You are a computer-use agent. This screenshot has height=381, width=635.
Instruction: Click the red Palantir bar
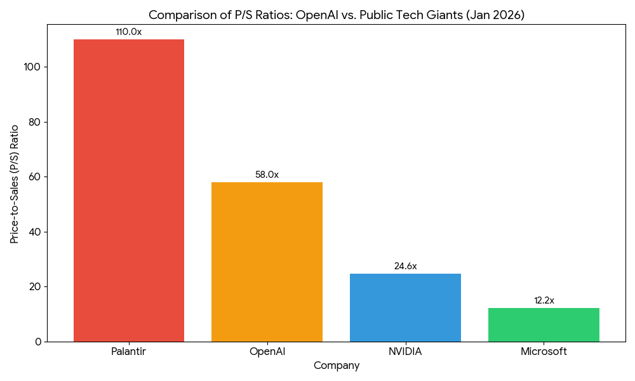[129, 190]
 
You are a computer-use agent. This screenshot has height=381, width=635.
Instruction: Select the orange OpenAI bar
[267, 262]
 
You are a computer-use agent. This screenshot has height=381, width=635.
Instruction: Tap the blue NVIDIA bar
[405, 307]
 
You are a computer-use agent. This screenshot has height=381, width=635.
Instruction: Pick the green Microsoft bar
[544, 324]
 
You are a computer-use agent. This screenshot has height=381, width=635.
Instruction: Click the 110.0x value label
[129, 32]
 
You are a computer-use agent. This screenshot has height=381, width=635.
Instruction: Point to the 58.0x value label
[267, 175]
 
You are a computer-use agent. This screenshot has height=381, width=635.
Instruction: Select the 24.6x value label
[405, 266]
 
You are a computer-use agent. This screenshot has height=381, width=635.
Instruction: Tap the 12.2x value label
[544, 300]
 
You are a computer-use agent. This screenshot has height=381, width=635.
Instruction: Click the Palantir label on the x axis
[129, 351]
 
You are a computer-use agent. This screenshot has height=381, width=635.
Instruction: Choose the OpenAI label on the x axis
[267, 351]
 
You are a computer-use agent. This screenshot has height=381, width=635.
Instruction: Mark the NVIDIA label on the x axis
[405, 351]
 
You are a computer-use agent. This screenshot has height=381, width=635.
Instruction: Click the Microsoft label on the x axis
[544, 351]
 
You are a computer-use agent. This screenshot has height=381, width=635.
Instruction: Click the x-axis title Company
[337, 366]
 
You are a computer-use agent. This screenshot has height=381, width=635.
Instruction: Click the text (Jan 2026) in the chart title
[495, 15]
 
